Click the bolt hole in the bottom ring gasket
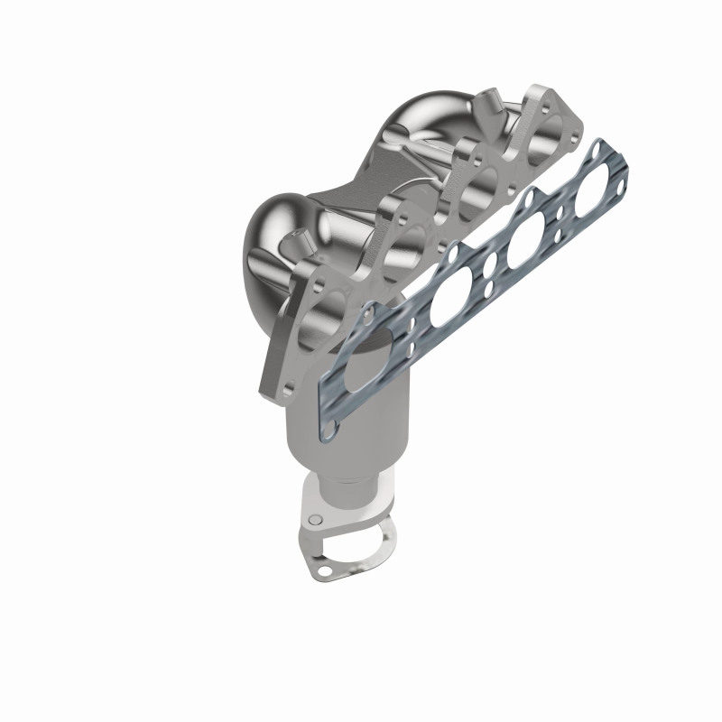coord(320,570)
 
